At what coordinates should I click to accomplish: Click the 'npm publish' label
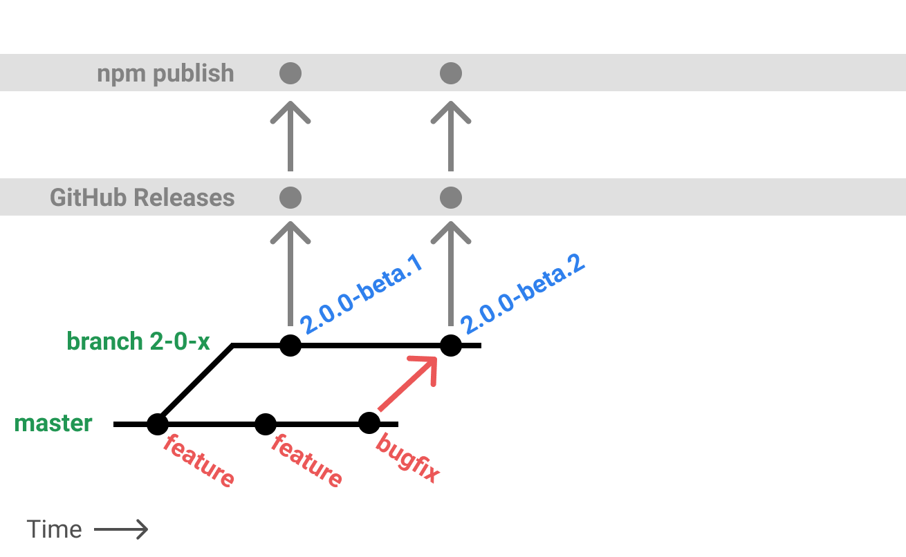[165, 73]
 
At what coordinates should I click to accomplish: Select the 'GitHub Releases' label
[142, 198]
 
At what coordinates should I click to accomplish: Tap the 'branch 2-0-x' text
[138, 341]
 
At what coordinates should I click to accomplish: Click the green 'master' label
[53, 423]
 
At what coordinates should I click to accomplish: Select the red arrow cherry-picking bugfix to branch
[408, 384]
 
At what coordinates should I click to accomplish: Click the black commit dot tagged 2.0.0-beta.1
[290, 345]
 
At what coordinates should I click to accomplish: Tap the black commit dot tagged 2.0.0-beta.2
[451, 345]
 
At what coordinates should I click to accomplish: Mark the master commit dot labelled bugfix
[369, 423]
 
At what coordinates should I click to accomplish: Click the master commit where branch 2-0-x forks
[158, 424]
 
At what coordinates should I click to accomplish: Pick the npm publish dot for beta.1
[290, 73]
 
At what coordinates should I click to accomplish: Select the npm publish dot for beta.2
[451, 73]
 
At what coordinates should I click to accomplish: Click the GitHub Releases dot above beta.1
[290, 198]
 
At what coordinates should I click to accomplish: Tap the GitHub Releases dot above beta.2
[451, 198]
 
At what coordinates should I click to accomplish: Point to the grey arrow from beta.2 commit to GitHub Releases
[451, 273]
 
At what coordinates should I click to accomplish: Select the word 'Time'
[55, 529]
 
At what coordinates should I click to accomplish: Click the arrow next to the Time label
[121, 530]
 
